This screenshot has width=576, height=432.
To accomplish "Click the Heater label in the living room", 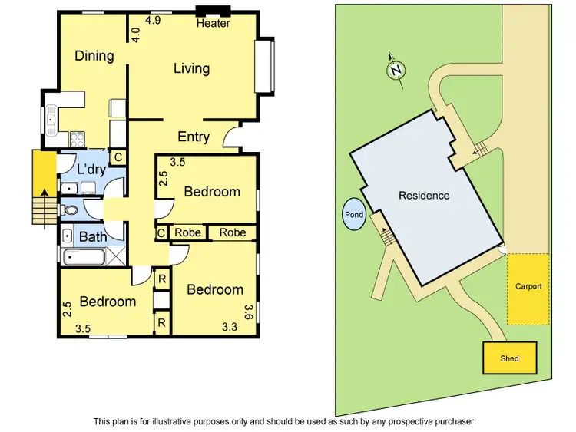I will pyautogui.click(x=213, y=24).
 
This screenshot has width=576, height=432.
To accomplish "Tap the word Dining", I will pyautogui.click(x=94, y=55).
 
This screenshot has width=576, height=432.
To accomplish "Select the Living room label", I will pyautogui.click(x=191, y=68).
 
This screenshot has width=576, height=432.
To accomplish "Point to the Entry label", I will pyautogui.click(x=194, y=137).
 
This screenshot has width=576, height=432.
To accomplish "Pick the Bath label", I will pyautogui.click(x=93, y=236).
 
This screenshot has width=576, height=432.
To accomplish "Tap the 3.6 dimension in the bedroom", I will pyautogui.click(x=248, y=312).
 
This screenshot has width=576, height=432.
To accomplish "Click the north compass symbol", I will pyautogui.click(x=396, y=70).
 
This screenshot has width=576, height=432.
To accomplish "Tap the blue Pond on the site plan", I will pyautogui.click(x=354, y=216).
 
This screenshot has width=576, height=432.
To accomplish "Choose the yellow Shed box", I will pyautogui.click(x=509, y=358).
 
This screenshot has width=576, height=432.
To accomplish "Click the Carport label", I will pyautogui.click(x=528, y=287).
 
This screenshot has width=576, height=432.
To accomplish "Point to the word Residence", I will pyautogui.click(x=424, y=196).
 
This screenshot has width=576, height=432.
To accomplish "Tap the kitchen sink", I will pyautogui.click(x=51, y=119).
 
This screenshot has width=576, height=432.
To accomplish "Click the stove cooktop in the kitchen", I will pyautogui.click(x=78, y=139).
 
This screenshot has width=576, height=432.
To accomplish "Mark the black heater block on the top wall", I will pyautogui.click(x=213, y=11).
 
